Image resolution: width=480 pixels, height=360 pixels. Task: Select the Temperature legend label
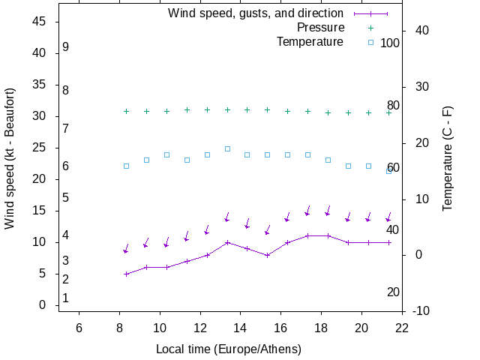click(310, 42)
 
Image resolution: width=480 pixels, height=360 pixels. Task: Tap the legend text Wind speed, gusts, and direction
click(256, 13)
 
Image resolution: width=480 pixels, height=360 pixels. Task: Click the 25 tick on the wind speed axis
click(40, 148)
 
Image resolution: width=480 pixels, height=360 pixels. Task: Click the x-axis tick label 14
click(241, 328)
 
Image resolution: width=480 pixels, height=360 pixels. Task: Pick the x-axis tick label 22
click(402, 328)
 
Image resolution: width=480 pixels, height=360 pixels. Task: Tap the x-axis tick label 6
click(79, 328)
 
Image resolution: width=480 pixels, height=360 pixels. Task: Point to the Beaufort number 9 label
click(66, 46)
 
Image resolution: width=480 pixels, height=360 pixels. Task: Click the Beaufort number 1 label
click(66, 298)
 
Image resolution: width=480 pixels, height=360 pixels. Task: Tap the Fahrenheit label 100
click(390, 43)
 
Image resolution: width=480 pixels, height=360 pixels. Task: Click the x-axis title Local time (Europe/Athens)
click(229, 349)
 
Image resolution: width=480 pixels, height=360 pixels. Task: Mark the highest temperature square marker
click(227, 148)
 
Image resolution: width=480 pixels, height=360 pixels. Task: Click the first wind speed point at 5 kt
click(126, 274)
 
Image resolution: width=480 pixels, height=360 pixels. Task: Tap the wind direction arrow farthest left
click(126, 248)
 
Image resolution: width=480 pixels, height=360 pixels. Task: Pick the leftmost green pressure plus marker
click(126, 111)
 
